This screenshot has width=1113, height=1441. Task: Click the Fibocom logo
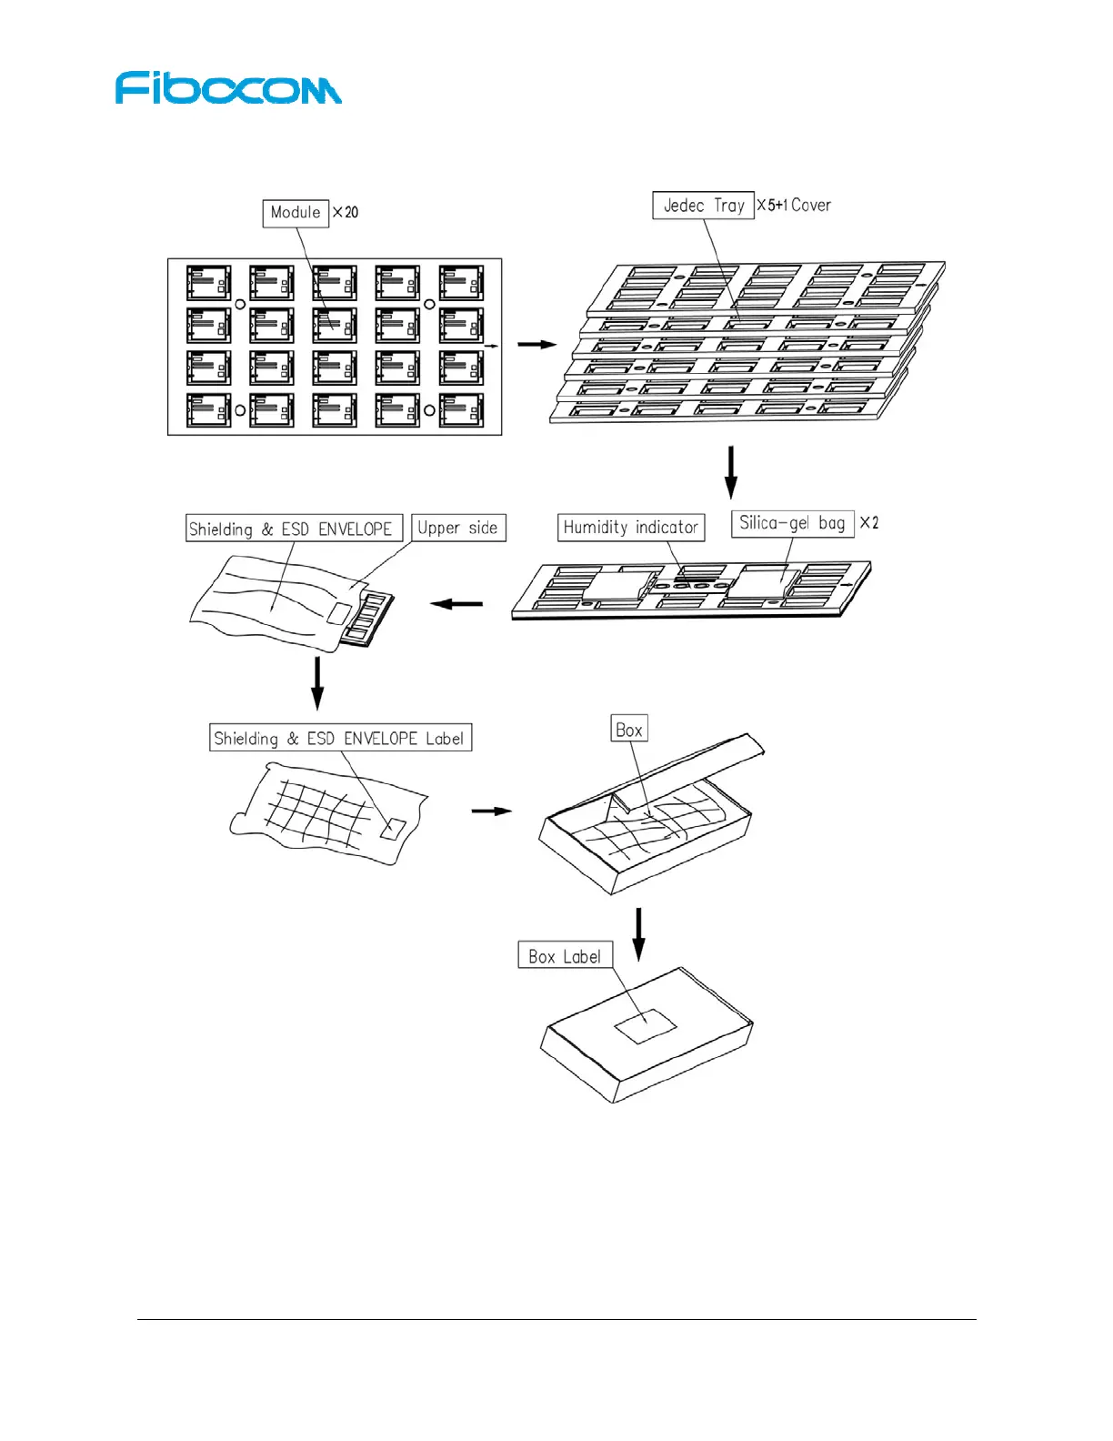(x=228, y=88)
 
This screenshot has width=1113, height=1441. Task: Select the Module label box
(x=296, y=213)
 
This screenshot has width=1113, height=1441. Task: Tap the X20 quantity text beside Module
(x=346, y=213)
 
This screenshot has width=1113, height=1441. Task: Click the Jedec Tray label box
(x=703, y=206)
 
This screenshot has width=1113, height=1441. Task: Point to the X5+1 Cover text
(x=794, y=206)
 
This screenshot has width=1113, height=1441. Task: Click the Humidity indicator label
(x=630, y=528)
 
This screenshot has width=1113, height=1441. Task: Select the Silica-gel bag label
(x=792, y=523)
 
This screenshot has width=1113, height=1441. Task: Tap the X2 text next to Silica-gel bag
(x=869, y=523)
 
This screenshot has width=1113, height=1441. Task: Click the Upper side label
(x=457, y=529)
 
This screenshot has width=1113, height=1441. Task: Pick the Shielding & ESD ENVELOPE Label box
(x=340, y=738)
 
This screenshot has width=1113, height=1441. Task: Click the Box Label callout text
(x=565, y=956)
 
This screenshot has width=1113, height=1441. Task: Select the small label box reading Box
(x=629, y=730)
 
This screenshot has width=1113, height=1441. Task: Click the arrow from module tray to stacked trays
(x=536, y=344)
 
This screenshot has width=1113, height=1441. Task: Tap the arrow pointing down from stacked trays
(x=730, y=471)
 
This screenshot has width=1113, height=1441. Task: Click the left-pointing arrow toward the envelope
(x=456, y=603)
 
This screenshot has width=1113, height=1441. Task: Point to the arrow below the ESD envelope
(x=317, y=682)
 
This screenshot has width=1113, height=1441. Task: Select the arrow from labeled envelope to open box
(x=492, y=811)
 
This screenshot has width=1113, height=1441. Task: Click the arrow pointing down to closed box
(x=639, y=933)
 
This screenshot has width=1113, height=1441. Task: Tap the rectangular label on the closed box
(x=646, y=1026)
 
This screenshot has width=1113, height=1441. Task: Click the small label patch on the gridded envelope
(x=394, y=829)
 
